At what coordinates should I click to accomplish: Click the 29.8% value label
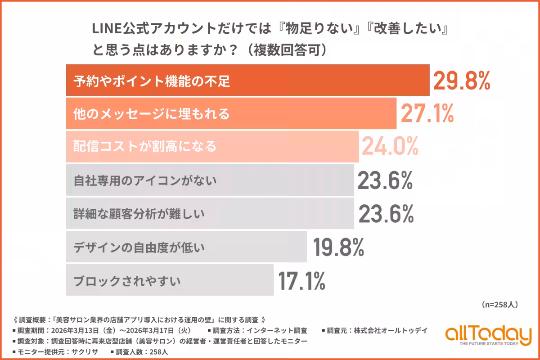click(461, 81)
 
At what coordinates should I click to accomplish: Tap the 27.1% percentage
click(427, 114)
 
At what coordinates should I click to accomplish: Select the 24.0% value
click(390, 146)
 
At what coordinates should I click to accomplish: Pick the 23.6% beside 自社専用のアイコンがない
click(385, 181)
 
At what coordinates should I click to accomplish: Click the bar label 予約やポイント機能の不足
click(152, 81)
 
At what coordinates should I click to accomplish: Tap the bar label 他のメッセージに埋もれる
click(152, 114)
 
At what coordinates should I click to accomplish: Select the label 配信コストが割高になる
click(145, 147)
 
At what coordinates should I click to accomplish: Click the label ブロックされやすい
click(127, 280)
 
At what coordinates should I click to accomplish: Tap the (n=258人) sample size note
click(499, 305)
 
